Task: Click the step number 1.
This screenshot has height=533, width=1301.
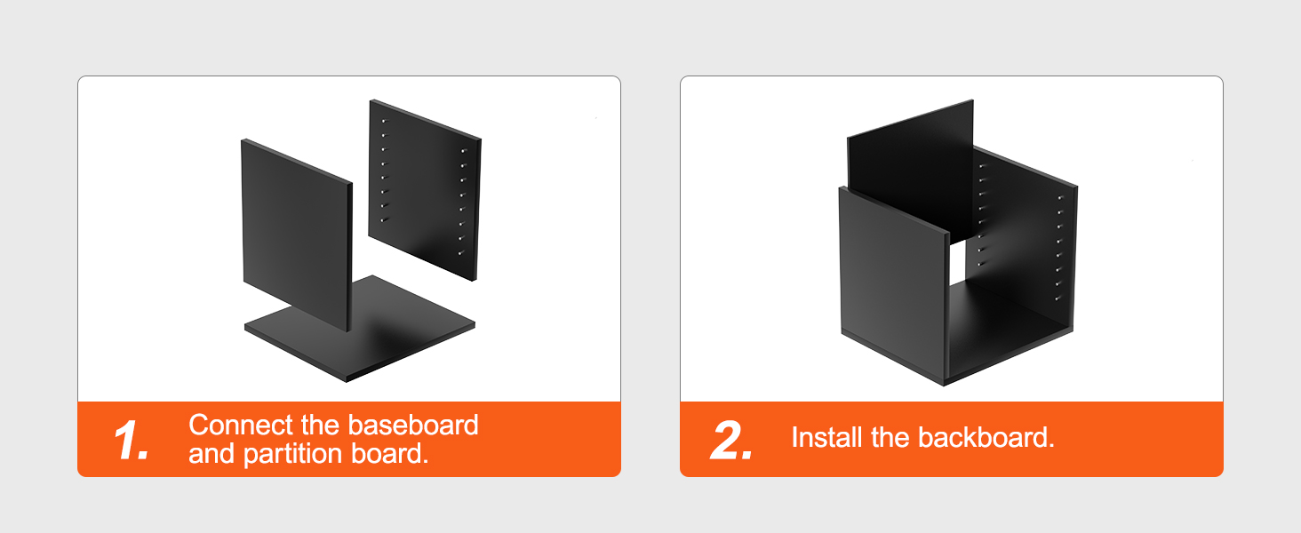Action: [132, 440]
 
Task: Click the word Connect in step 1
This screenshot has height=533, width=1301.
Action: [241, 425]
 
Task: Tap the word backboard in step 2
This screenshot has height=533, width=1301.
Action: [986, 438]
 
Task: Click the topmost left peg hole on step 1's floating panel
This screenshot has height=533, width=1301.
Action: [383, 121]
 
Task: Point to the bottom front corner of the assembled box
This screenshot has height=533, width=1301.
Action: [945, 385]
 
